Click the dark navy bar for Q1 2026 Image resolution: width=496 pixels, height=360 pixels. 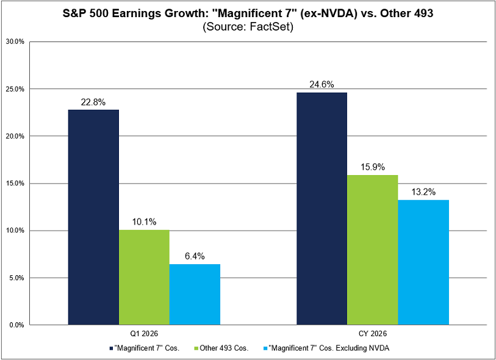tap(93, 217)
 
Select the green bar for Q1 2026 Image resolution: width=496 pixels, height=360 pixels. tap(144, 277)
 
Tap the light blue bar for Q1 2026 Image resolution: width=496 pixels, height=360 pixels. tap(195, 294)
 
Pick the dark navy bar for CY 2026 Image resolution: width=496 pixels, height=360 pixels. tap(322, 209)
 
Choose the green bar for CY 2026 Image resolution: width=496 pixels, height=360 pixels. tap(372, 250)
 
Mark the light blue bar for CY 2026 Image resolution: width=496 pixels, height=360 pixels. tap(423, 262)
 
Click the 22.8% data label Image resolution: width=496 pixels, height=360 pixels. tap(93, 103)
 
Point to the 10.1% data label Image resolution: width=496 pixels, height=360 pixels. tap(144, 222)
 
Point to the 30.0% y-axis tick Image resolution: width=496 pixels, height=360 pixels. tap(15, 42)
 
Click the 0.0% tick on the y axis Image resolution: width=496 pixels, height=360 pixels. tap(16, 325)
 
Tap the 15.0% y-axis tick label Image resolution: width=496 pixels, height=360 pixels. tap(15, 184)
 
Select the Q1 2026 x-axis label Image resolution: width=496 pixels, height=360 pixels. tap(144, 335)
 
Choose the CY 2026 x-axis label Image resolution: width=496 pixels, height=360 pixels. tap(372, 335)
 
